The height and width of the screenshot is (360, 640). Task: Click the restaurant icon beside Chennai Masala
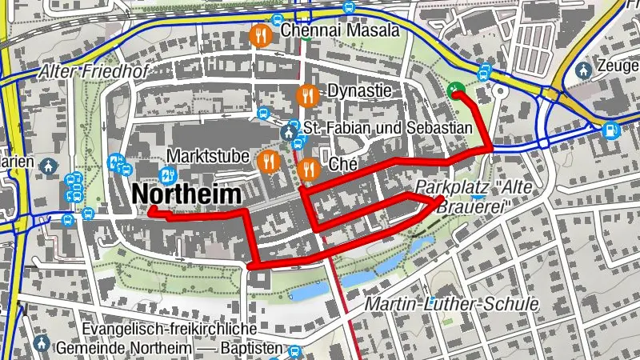point(260,35)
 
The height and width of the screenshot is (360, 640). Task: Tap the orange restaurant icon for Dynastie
point(308,95)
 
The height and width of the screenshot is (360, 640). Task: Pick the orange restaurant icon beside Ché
point(309,168)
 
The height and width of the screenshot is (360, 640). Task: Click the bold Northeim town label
point(186,194)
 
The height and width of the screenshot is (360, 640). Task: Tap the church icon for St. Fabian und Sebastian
point(289,130)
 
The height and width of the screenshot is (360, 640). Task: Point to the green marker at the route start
point(457,90)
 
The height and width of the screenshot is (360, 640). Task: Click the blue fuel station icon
point(610,128)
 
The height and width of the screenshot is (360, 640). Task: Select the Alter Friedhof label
point(94,72)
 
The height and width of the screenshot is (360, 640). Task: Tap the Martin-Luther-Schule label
point(451,304)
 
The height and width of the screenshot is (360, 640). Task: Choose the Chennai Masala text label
point(340,31)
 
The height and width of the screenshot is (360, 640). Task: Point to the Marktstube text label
point(208,154)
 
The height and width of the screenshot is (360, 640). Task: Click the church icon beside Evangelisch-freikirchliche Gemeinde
point(41,344)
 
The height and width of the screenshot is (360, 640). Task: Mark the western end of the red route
point(150,211)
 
